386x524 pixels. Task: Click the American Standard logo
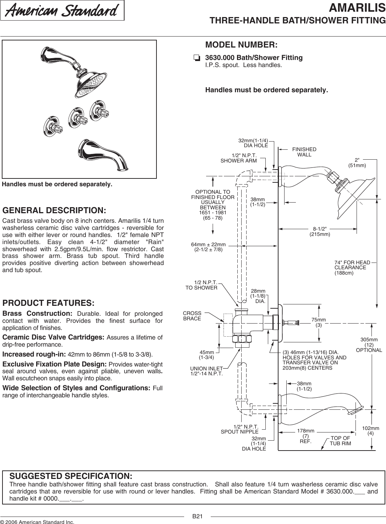tap(62, 11)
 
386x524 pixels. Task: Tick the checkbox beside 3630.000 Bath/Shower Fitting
tap(197, 58)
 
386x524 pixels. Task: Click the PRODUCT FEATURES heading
tap(48, 303)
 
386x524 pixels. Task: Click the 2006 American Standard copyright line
tap(37, 522)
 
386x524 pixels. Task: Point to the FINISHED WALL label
tap(304, 152)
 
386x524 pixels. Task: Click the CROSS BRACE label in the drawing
tap(192, 316)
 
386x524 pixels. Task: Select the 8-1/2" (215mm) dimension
tap(320, 232)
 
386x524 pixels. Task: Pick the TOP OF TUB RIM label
tap(340, 441)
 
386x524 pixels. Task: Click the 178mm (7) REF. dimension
tap(305, 436)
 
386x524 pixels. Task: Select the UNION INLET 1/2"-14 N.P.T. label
tap(207, 371)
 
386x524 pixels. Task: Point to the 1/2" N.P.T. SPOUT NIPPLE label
tap(240, 429)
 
